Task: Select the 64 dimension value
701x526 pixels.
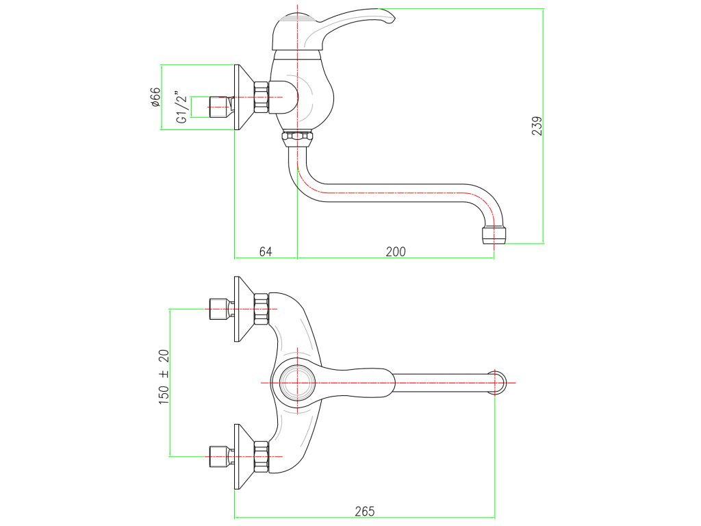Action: click(x=266, y=251)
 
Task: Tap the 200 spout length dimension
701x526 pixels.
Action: click(x=395, y=251)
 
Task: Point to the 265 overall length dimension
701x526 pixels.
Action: click(x=365, y=511)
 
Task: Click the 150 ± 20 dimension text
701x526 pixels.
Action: click(x=164, y=376)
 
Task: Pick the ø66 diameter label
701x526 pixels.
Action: click(x=155, y=97)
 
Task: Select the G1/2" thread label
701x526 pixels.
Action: click(x=181, y=107)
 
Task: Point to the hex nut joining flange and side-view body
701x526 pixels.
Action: click(x=261, y=97)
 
